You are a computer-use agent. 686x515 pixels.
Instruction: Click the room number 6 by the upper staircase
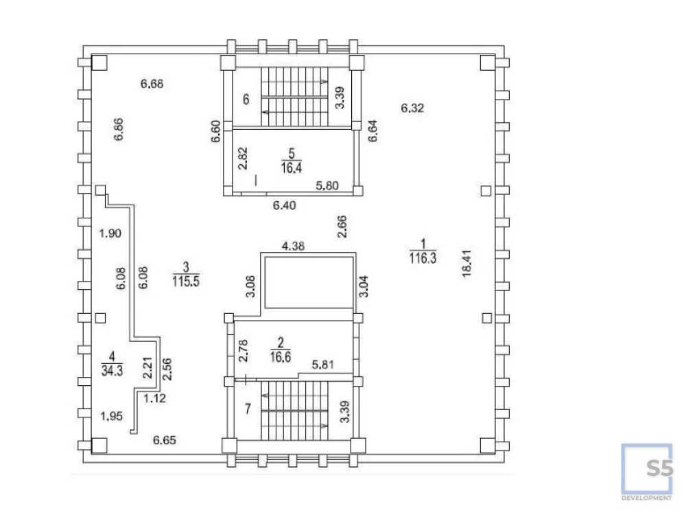tap(246, 99)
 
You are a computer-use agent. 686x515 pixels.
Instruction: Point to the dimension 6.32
tap(414, 107)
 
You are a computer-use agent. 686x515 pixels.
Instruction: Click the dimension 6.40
tap(285, 205)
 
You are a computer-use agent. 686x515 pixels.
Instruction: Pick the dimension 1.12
tap(154, 397)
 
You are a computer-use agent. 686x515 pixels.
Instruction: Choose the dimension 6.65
tap(165, 440)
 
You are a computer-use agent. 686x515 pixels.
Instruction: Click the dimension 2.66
tap(342, 226)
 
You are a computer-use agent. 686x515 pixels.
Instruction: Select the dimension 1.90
tap(110, 233)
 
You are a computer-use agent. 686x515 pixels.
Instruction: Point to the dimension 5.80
tap(328, 185)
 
